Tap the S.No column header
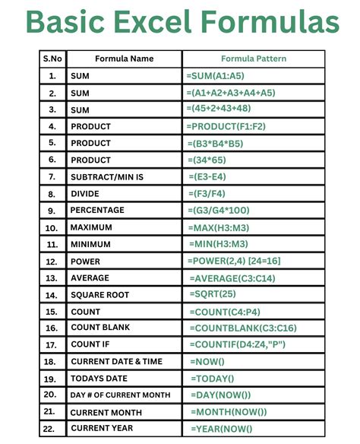point(52,59)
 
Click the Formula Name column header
point(124,59)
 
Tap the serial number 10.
point(52,227)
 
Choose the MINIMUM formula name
point(91,244)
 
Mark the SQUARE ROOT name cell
point(99,295)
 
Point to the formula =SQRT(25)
point(213,293)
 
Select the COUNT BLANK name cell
point(101,328)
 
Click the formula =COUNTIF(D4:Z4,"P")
point(242,344)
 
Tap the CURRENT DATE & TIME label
point(115,362)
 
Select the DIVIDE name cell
point(86,193)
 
